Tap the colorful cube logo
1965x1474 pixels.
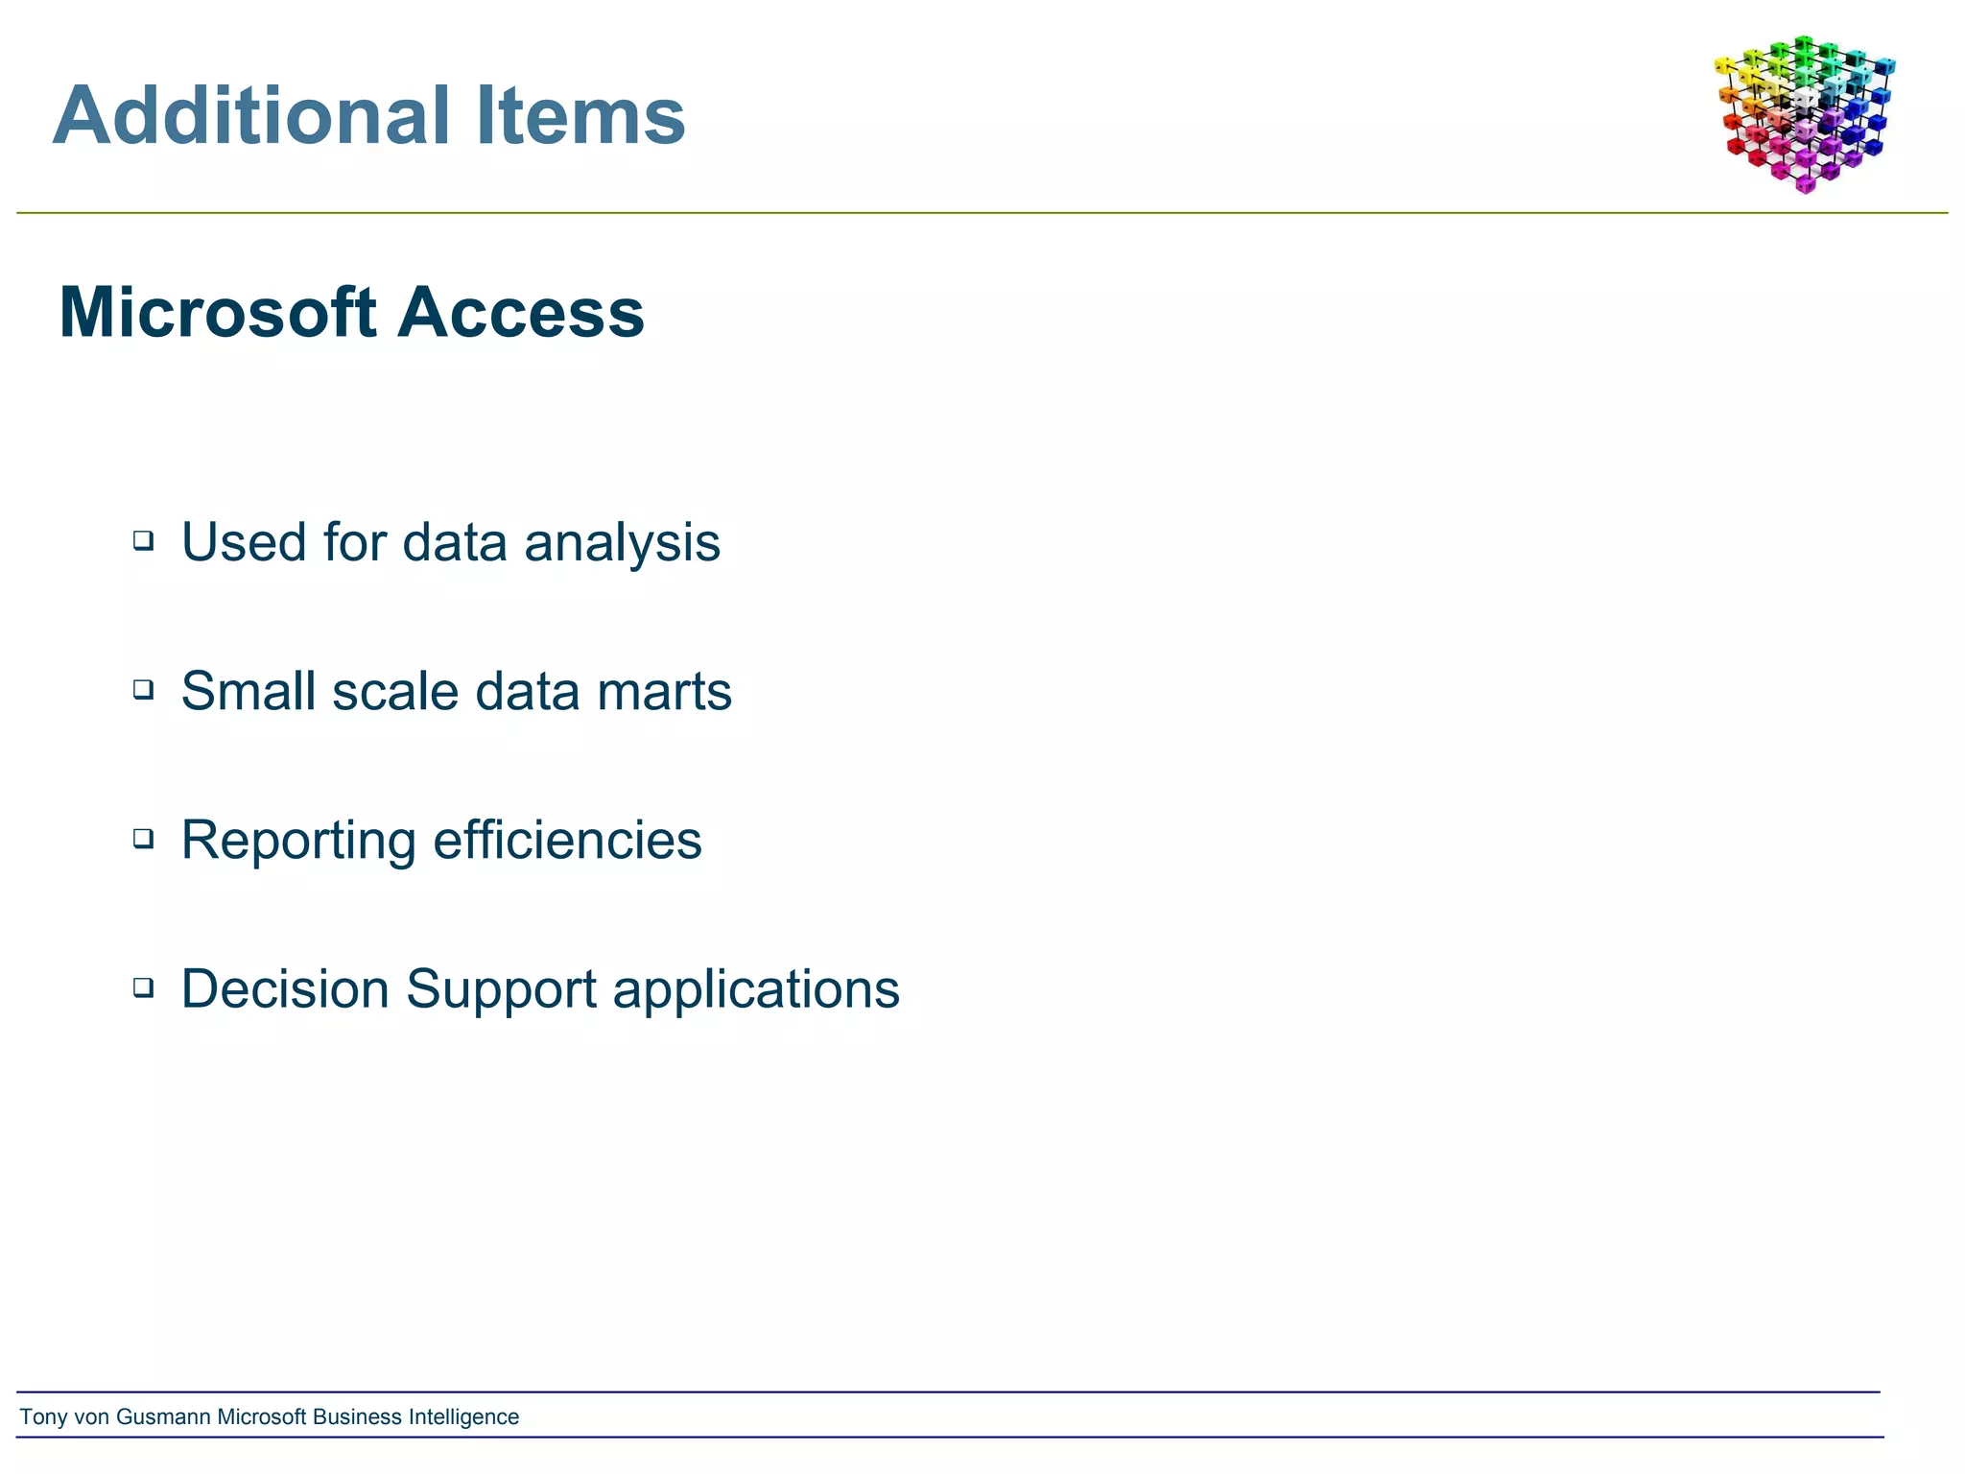[1804, 113]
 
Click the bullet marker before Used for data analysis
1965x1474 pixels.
[143, 540]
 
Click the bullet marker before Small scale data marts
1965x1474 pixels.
[143, 689]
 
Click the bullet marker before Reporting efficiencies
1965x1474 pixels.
[143, 838]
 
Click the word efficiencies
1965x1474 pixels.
[567, 840]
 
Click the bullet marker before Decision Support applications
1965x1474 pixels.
[143, 987]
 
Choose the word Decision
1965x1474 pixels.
[284, 988]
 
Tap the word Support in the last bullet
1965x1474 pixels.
[501, 990]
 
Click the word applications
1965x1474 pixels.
[756, 990]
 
